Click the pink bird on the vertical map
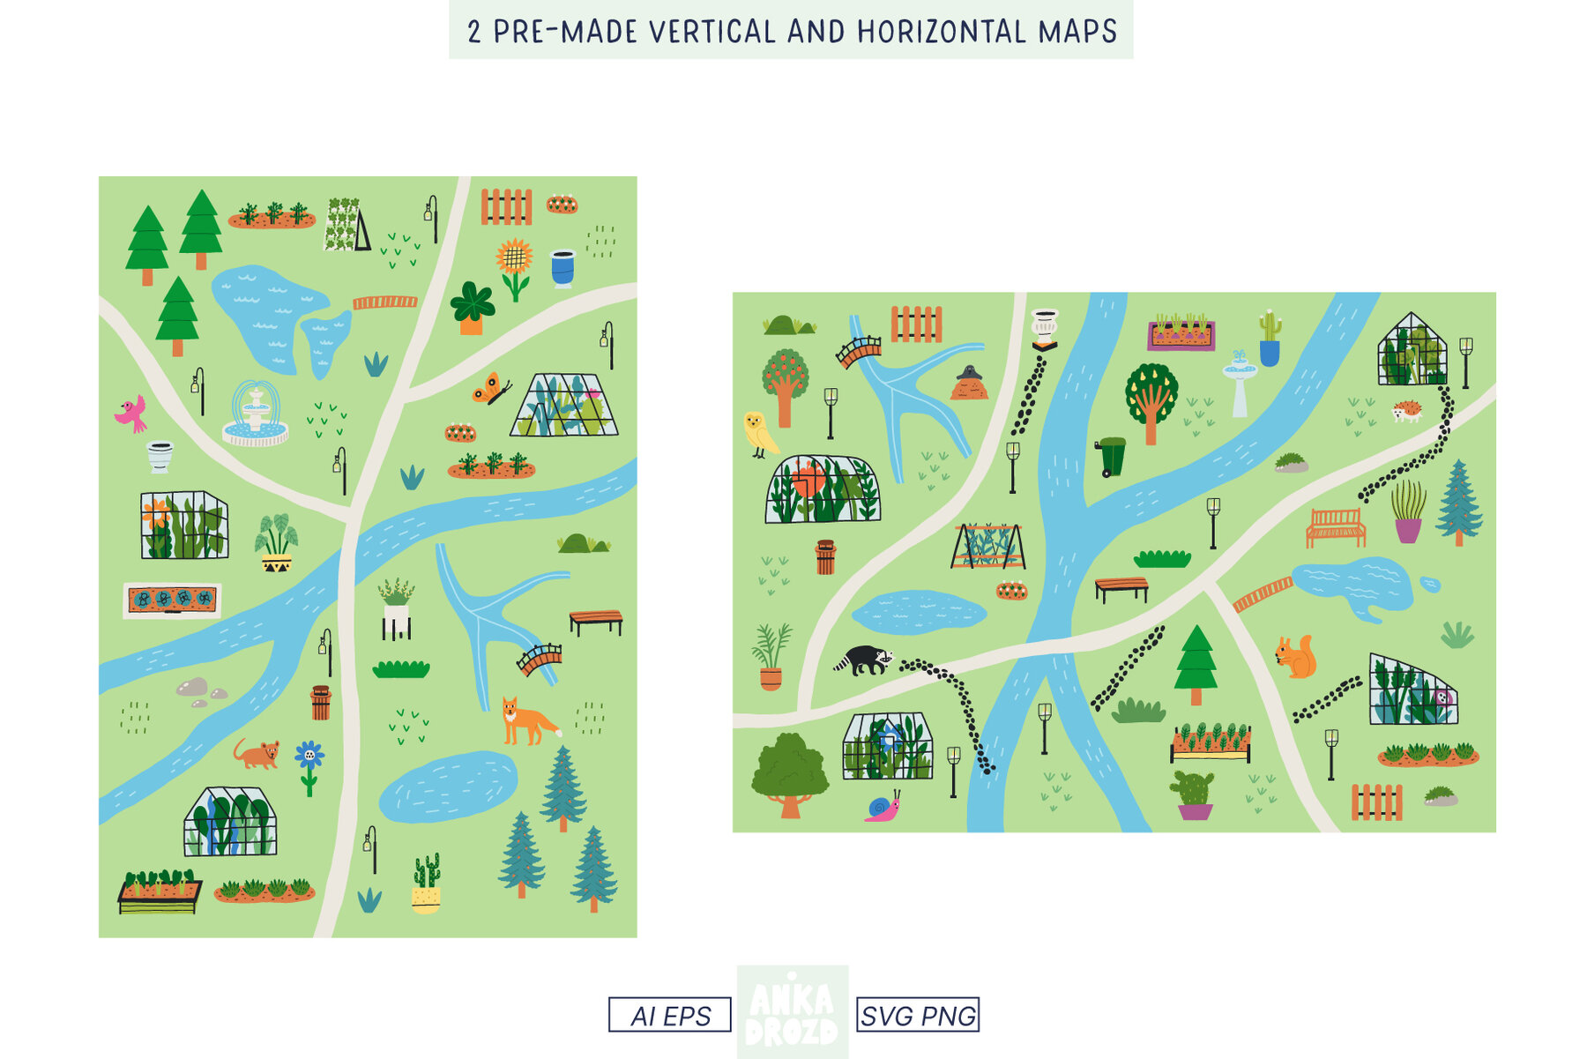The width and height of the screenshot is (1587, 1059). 131,413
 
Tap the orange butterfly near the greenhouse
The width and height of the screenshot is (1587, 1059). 490,388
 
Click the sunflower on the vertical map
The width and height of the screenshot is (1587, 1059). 514,265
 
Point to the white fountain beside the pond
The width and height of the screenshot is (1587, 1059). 255,414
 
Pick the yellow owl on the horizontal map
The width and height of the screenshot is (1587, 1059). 758,434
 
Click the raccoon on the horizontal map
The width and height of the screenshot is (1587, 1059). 864,660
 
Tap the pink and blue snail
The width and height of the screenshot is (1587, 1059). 883,808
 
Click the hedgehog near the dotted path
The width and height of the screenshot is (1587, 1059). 1406,411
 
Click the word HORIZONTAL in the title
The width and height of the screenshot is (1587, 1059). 942,32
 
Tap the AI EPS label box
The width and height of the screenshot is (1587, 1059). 669,1015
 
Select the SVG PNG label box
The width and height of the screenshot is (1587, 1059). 918,1015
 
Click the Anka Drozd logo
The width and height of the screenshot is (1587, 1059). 793,1012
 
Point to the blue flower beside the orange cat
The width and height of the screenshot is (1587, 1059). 309,764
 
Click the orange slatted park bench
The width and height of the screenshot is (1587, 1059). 1336,527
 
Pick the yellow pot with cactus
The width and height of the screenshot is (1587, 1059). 426,884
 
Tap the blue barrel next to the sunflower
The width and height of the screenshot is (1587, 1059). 563,268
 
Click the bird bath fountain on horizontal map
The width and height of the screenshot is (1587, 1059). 1240,382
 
